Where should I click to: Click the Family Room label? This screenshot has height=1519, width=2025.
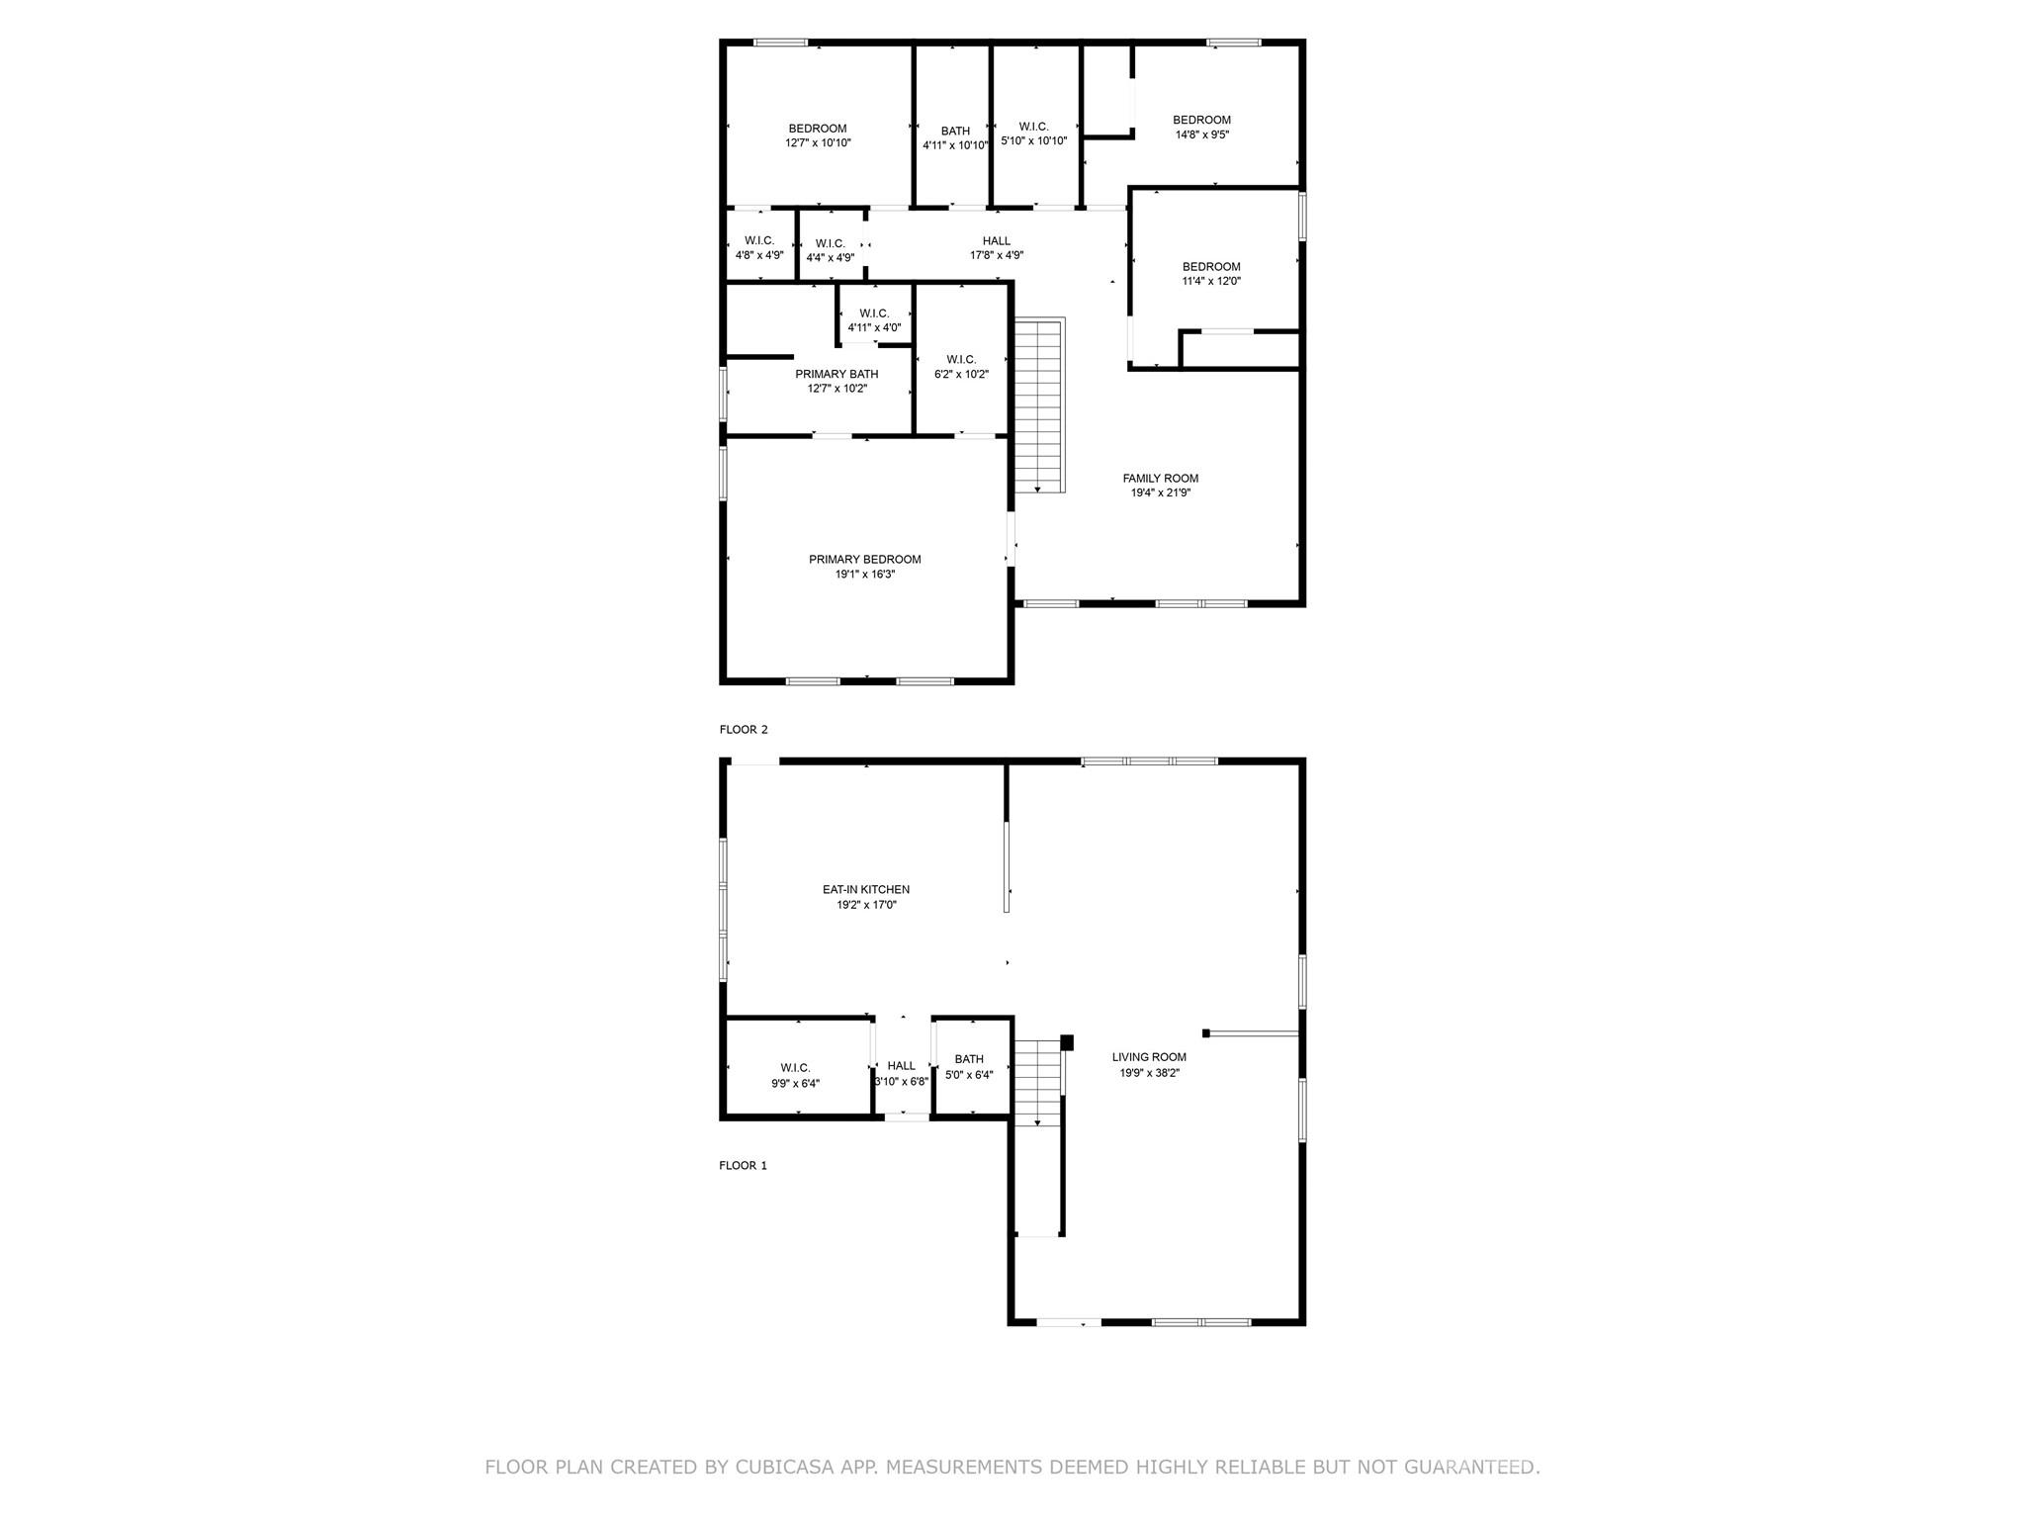1160,479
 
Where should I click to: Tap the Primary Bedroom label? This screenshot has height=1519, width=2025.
864,560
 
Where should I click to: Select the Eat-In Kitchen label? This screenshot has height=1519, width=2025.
865,890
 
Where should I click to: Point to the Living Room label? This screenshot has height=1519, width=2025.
1149,1057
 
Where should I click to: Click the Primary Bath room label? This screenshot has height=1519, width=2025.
836,374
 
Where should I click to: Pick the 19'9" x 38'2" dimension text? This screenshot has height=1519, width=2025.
1149,1072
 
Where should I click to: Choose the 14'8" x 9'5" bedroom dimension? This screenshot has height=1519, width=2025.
1201,134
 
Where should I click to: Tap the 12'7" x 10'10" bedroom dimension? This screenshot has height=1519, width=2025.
818,143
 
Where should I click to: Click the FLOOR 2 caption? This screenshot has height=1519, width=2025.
743,730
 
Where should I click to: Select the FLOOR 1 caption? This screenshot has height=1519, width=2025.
743,1166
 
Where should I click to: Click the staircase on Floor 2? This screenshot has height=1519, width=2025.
1037,405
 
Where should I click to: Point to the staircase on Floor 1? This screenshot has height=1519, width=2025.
1037,1083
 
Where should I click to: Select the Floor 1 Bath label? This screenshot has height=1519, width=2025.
969,1059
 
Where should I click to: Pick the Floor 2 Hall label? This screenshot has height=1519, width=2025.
997,241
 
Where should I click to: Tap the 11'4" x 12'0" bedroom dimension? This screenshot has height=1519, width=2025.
1211,281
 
